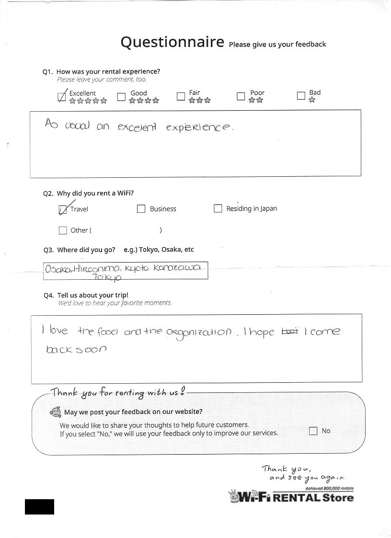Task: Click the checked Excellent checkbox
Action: (62, 97)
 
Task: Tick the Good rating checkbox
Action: (121, 97)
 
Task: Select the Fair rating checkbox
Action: (181, 96)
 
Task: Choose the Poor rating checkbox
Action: (241, 96)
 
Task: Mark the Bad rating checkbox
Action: (301, 96)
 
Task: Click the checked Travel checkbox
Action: (62, 210)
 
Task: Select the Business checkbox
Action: (141, 209)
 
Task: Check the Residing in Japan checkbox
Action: (218, 208)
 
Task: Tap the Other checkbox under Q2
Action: (62, 230)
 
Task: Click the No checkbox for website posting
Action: (313, 431)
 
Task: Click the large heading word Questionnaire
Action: (172, 42)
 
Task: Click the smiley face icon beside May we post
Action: (56, 412)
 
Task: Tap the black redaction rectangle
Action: (39, 506)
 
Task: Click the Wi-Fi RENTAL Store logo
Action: (291, 497)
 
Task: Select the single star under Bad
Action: (312, 100)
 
